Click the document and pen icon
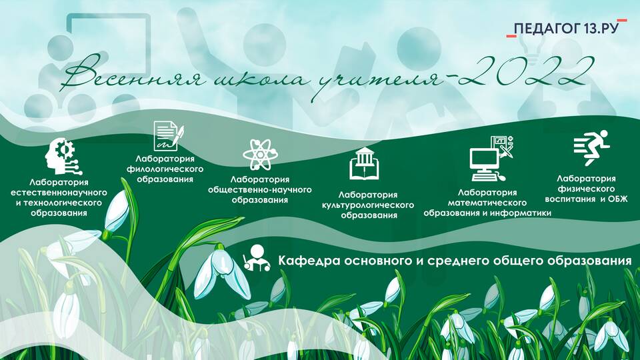[168, 136]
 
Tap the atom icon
[260, 154]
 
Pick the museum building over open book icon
[364, 164]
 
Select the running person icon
[591, 147]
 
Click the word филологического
[165, 169]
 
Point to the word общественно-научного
[259, 190]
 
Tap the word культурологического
[368, 205]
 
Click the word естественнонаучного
[59, 192]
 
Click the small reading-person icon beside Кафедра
[256, 259]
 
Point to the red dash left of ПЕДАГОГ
[511, 36]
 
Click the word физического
[586, 189]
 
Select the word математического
[487, 203]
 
